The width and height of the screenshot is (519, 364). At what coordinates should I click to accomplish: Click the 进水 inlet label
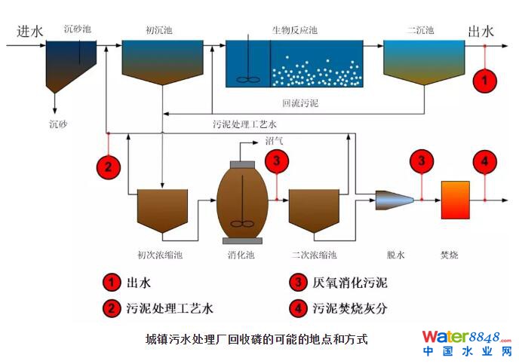(x=29, y=32)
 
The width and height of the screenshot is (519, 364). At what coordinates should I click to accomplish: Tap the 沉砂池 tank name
(x=77, y=30)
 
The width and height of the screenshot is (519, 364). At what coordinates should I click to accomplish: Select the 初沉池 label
(x=158, y=30)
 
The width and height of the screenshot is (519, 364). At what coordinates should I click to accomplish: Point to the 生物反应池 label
(x=294, y=30)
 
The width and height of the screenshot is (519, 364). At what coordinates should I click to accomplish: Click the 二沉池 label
(x=420, y=30)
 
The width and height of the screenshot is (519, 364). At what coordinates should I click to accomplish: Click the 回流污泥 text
(x=296, y=101)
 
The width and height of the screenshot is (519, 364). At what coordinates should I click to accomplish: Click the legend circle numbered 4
(x=299, y=307)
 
